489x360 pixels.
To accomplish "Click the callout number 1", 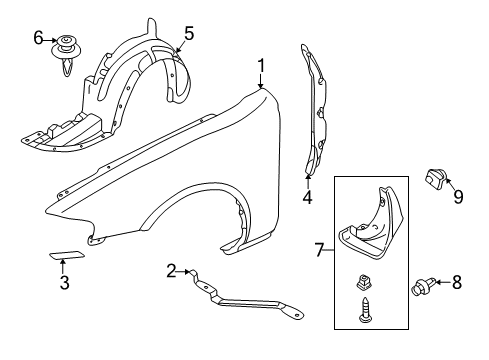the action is (x=262, y=66).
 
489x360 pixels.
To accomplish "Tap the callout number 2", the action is (x=171, y=271).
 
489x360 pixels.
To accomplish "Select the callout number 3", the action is (x=64, y=283).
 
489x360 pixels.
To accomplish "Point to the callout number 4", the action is (x=307, y=197).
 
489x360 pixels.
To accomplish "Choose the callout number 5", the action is (x=189, y=33).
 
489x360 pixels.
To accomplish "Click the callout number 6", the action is (x=38, y=37).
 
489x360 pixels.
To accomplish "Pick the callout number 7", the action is (x=319, y=250).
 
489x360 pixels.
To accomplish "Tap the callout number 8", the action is (x=457, y=282).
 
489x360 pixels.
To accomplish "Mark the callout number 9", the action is (x=458, y=196).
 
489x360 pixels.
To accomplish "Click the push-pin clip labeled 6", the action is (x=68, y=53).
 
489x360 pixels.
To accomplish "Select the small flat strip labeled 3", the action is (x=67, y=255).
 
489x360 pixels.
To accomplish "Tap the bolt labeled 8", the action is (x=424, y=286).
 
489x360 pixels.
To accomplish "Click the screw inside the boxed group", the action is (x=365, y=310).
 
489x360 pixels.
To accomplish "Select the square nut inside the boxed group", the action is (x=364, y=283).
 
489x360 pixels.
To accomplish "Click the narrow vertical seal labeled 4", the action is (x=315, y=110).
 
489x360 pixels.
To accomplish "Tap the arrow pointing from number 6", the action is (x=50, y=40).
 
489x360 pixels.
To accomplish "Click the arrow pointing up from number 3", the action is (x=63, y=267).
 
